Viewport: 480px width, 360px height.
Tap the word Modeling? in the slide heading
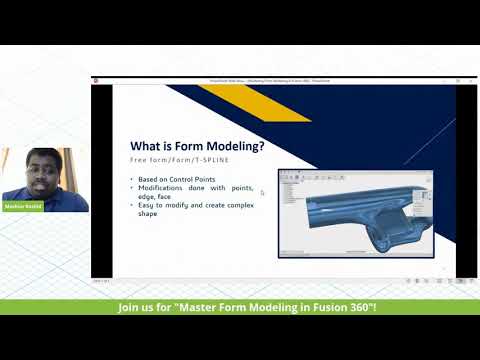point(240,146)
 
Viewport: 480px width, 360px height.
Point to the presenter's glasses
point(39,172)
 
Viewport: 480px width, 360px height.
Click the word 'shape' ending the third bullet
point(149,214)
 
